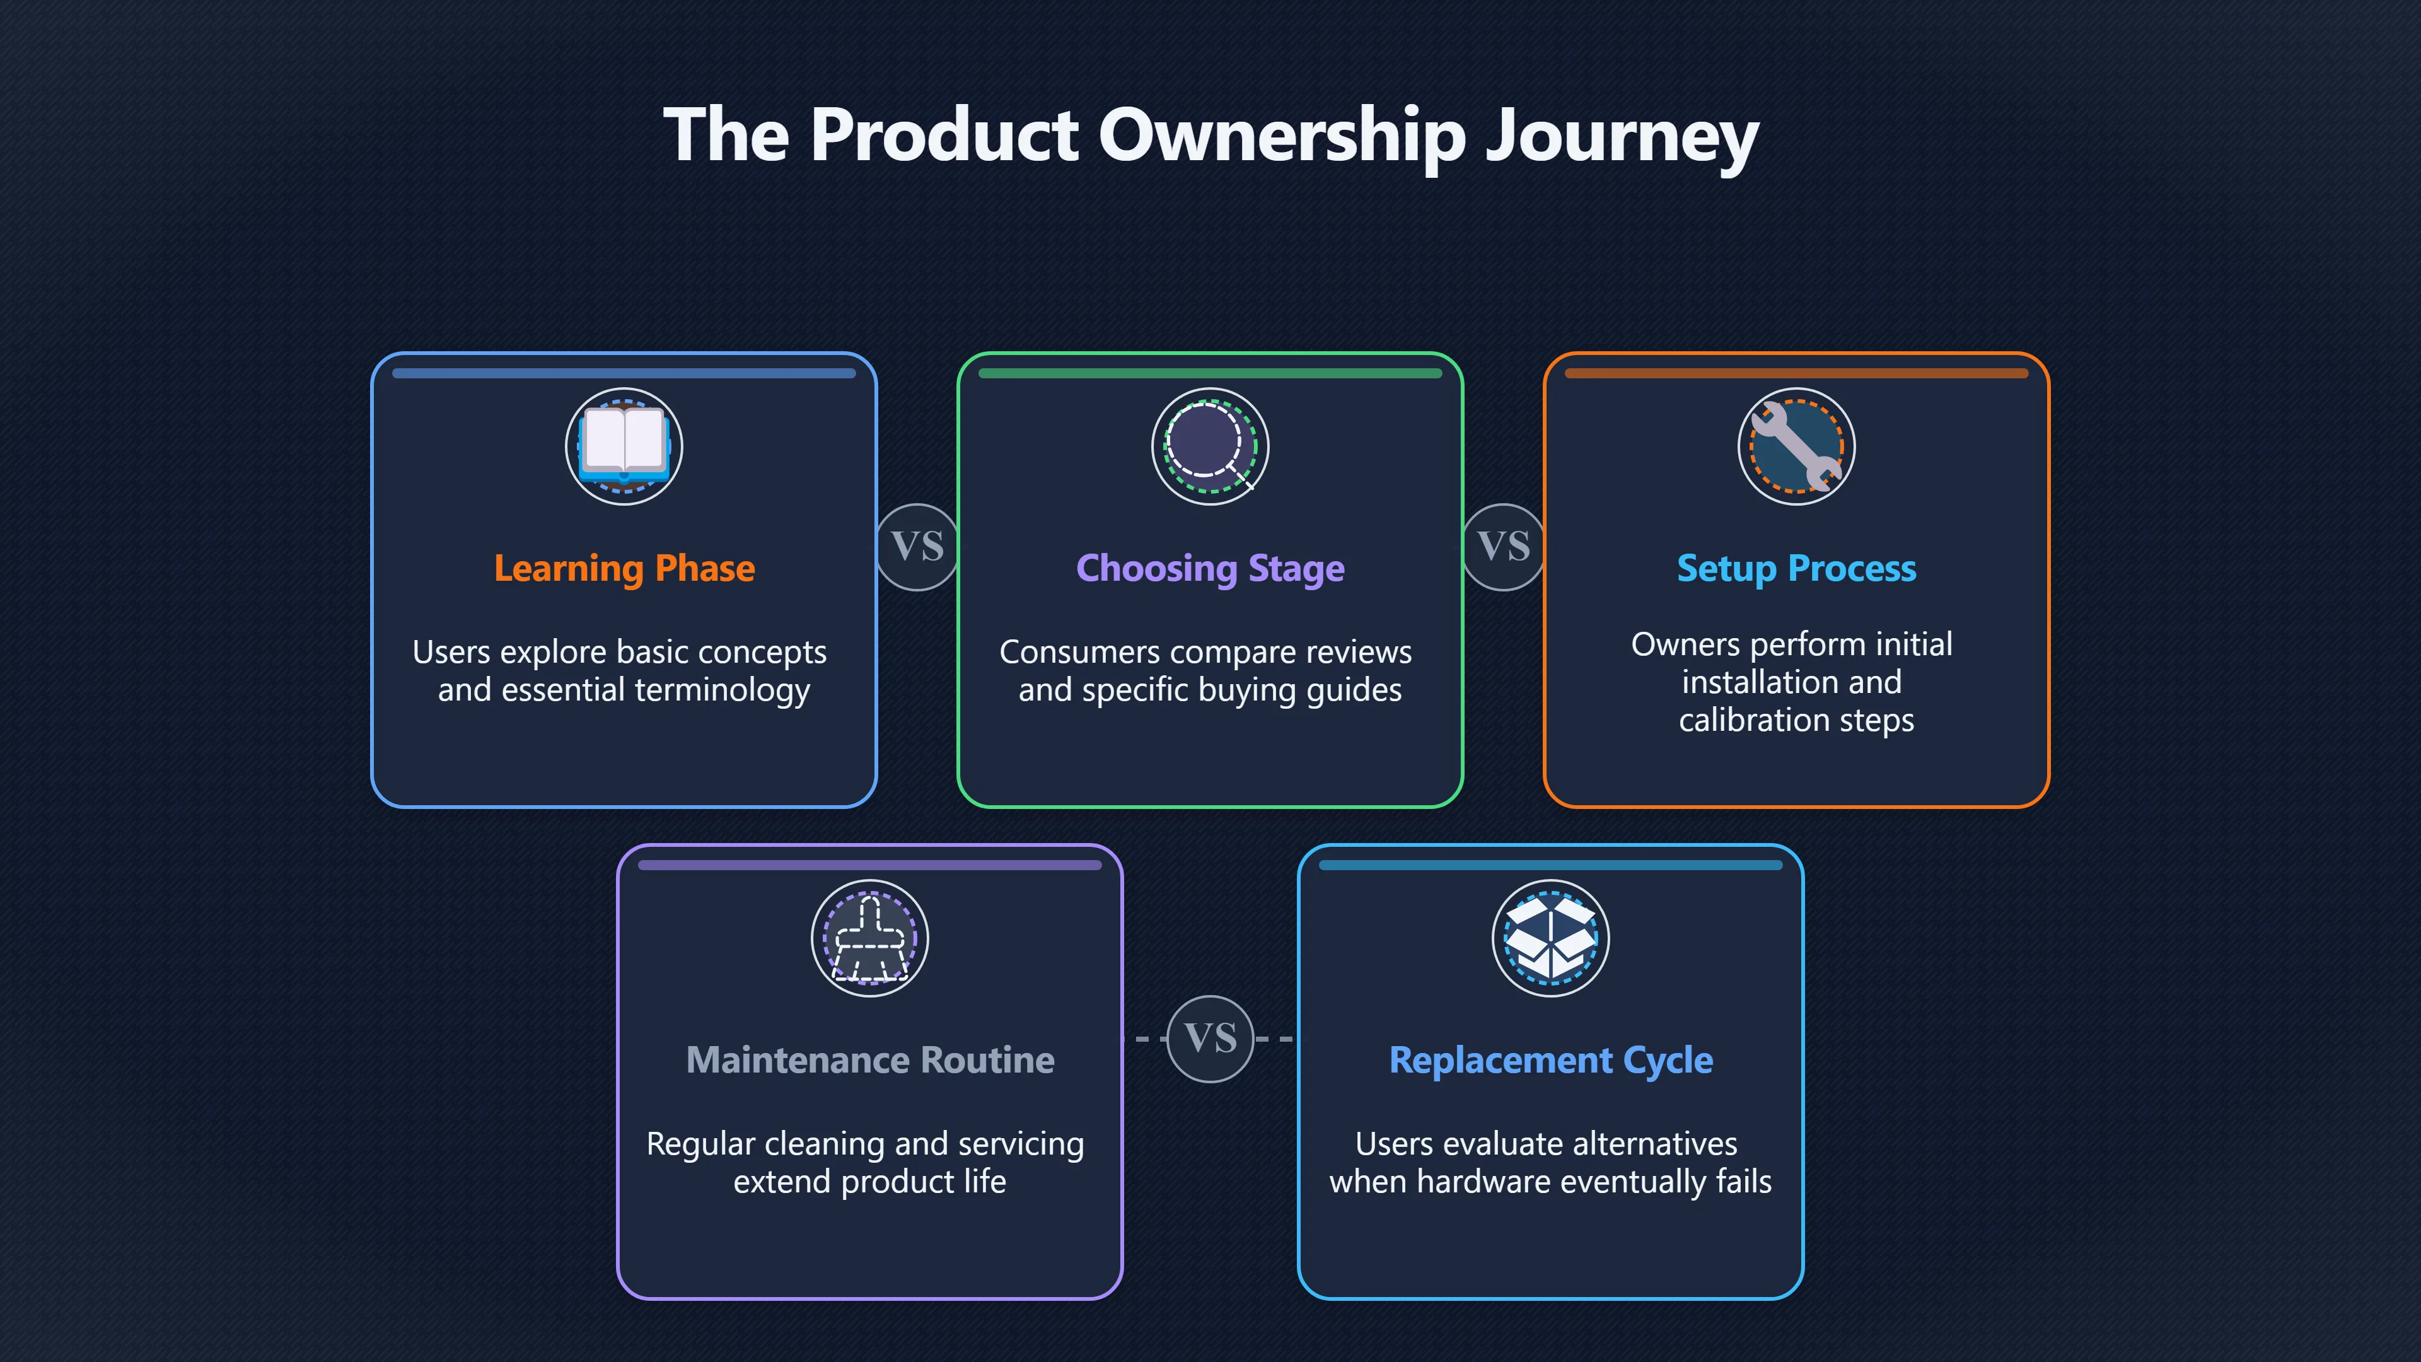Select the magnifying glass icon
[x=1210, y=446]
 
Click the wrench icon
[x=1797, y=446]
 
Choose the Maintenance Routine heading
[x=870, y=1060]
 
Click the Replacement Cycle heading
[x=1551, y=1060]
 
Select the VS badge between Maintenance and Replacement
[x=1210, y=1039]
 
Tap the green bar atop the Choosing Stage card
[x=1210, y=373]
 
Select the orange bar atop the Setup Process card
[x=1797, y=373]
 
